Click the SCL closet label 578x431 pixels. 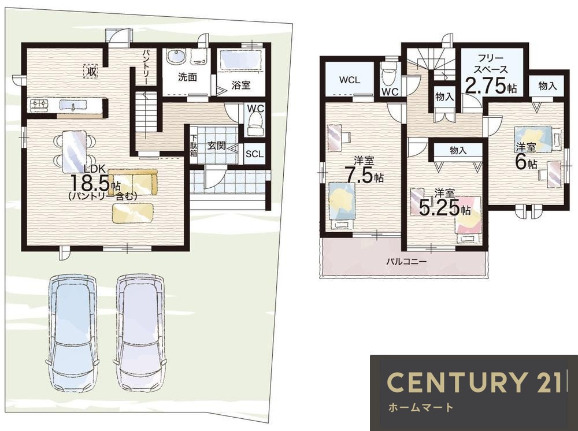254,154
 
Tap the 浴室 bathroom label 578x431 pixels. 241,85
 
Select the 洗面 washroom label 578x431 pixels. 188,77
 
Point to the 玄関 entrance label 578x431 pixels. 216,145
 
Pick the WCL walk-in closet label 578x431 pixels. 350,80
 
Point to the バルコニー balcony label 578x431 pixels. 406,262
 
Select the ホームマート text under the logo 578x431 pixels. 420,407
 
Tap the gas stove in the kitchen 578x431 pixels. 40,105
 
